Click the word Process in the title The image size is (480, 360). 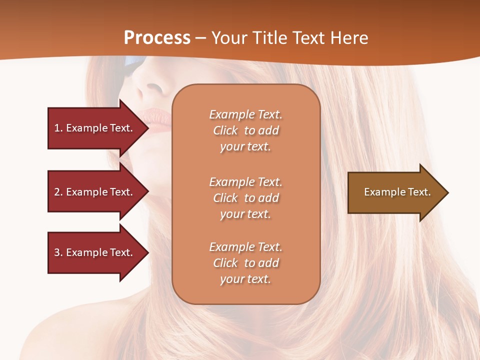157,38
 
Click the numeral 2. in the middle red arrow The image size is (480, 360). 58,192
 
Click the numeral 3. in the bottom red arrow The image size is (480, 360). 58,252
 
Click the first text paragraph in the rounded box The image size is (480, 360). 245,130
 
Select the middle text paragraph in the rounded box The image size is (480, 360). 245,198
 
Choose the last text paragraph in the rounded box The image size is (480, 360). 245,263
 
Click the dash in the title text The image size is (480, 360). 200,38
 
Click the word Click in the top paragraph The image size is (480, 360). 225,130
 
